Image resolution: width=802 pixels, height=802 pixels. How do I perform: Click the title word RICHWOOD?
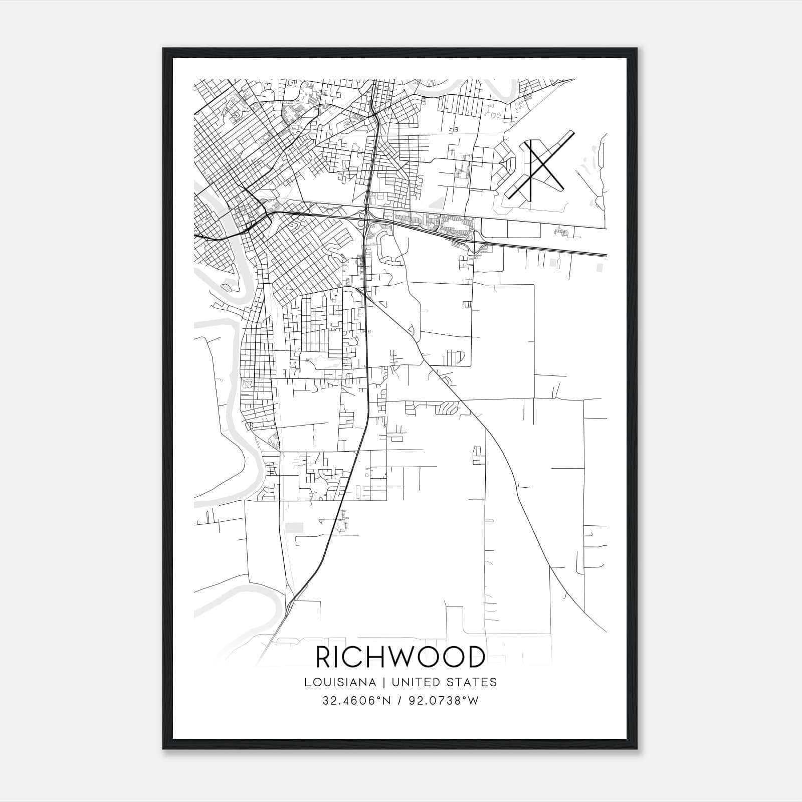[x=400, y=657]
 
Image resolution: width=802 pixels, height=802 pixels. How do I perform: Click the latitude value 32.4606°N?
[x=355, y=701]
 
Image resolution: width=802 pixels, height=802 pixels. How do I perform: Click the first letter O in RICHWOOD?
[x=427, y=657]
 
